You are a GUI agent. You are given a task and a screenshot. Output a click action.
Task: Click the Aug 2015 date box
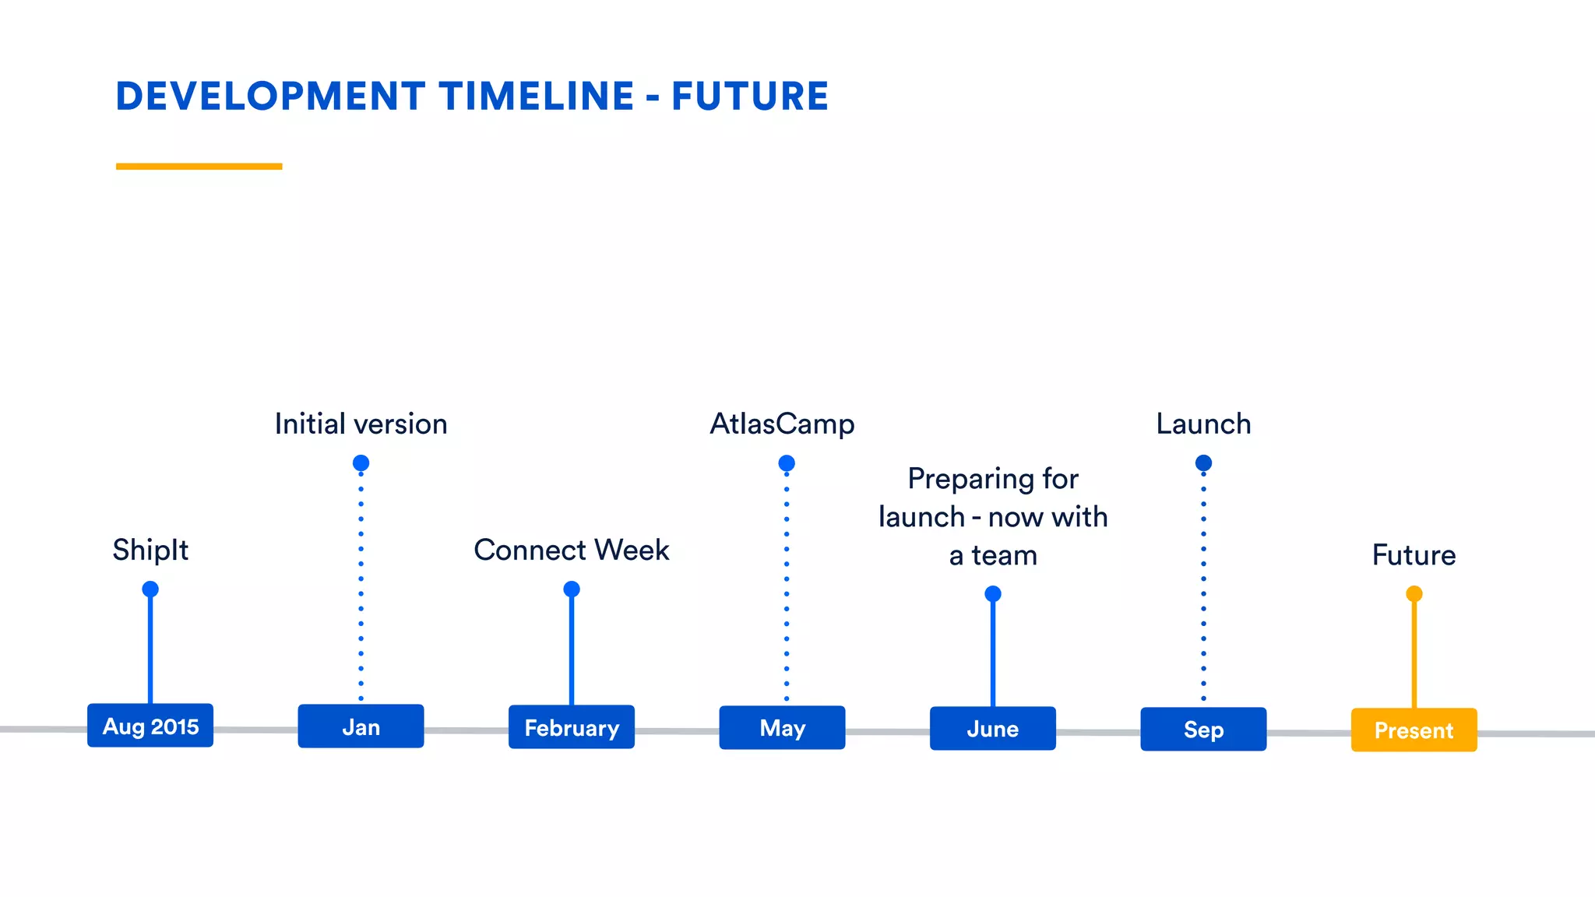(x=150, y=726)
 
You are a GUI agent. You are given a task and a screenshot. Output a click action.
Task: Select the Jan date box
(x=361, y=726)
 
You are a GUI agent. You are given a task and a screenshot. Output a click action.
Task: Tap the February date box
(x=572, y=727)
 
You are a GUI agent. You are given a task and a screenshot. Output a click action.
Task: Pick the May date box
(x=782, y=728)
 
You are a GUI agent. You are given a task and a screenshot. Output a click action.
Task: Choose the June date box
(x=993, y=729)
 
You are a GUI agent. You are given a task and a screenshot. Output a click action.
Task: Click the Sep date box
(x=1203, y=730)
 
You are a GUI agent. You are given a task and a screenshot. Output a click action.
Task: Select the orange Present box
(x=1414, y=730)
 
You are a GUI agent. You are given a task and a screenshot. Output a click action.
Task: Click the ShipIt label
(x=150, y=550)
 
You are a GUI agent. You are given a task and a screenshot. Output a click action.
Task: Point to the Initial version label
(x=361, y=424)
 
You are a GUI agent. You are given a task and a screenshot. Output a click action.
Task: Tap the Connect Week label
(x=572, y=550)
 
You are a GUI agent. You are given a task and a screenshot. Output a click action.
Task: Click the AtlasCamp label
(x=782, y=424)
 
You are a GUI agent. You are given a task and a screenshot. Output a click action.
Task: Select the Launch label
(x=1203, y=424)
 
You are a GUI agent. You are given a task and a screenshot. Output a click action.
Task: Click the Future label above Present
(x=1414, y=555)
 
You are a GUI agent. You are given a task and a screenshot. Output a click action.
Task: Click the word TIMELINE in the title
(x=537, y=97)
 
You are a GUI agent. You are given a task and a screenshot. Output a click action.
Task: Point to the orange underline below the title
(x=199, y=166)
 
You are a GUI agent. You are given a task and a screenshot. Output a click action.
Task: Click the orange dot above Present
(x=1414, y=594)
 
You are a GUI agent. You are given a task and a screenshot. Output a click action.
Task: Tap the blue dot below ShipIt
(x=150, y=589)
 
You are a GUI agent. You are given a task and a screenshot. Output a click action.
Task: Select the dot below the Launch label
(x=1203, y=463)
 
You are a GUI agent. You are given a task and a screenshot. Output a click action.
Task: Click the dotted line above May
(x=787, y=584)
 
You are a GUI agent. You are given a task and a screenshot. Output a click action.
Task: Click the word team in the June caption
(x=1005, y=556)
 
